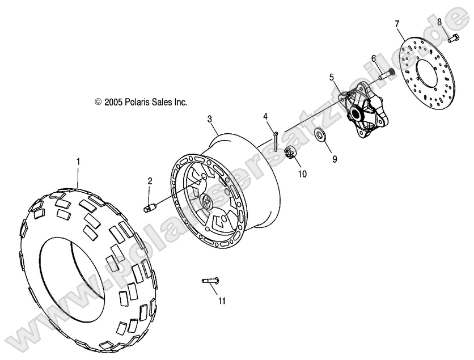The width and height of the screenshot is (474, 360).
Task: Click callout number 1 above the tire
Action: (78, 162)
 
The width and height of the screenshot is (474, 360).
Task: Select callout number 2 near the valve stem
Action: (150, 181)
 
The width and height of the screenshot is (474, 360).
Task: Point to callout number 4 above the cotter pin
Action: (265, 117)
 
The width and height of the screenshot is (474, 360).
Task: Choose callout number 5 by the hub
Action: (332, 75)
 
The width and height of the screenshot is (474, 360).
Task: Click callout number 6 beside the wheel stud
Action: (374, 58)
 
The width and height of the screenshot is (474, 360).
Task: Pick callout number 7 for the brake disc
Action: (397, 23)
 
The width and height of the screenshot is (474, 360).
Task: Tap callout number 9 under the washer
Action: (335, 159)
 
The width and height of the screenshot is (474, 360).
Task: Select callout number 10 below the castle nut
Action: (302, 174)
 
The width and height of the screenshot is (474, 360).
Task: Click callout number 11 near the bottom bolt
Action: (222, 300)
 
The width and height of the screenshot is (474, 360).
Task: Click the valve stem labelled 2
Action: (152, 207)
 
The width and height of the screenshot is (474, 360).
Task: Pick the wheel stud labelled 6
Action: (386, 73)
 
